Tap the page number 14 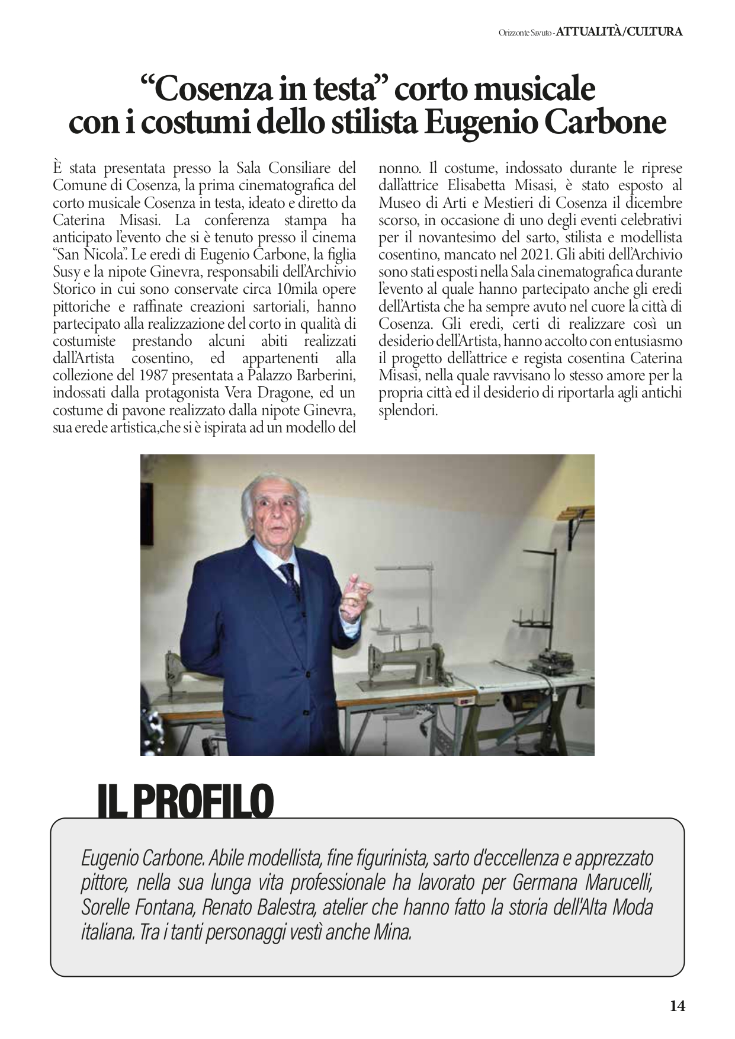tap(678, 1006)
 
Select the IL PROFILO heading tap(185, 801)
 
